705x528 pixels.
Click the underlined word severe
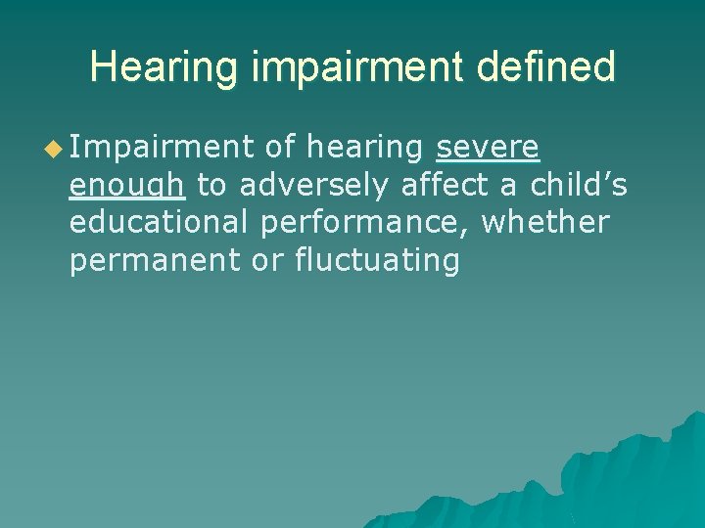pos(488,149)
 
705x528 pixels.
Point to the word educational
pos(160,224)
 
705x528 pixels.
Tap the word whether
pos(545,224)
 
